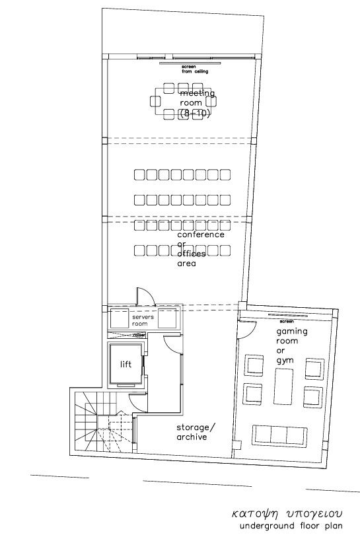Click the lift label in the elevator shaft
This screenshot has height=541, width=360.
tap(126, 364)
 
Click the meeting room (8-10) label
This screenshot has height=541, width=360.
tap(197, 104)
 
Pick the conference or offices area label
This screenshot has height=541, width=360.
tap(200, 248)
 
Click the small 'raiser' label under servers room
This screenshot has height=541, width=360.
tap(139, 335)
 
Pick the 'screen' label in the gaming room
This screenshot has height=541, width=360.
tap(285, 321)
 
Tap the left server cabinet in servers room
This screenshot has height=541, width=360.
tap(119, 318)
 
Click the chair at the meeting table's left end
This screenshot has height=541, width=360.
tap(156, 101)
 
